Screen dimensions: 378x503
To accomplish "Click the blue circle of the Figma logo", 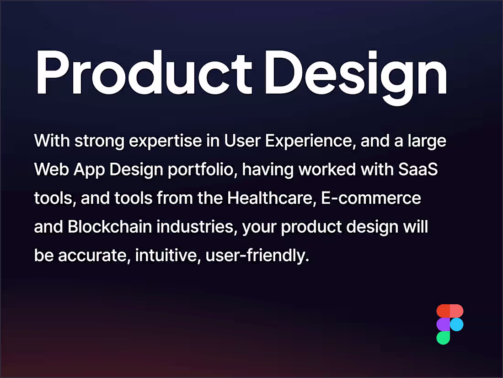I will pyautogui.click(x=457, y=324).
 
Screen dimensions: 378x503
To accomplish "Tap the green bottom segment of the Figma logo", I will pyautogui.click(x=443, y=338).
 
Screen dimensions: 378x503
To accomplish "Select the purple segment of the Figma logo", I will pyautogui.click(x=443, y=324).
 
